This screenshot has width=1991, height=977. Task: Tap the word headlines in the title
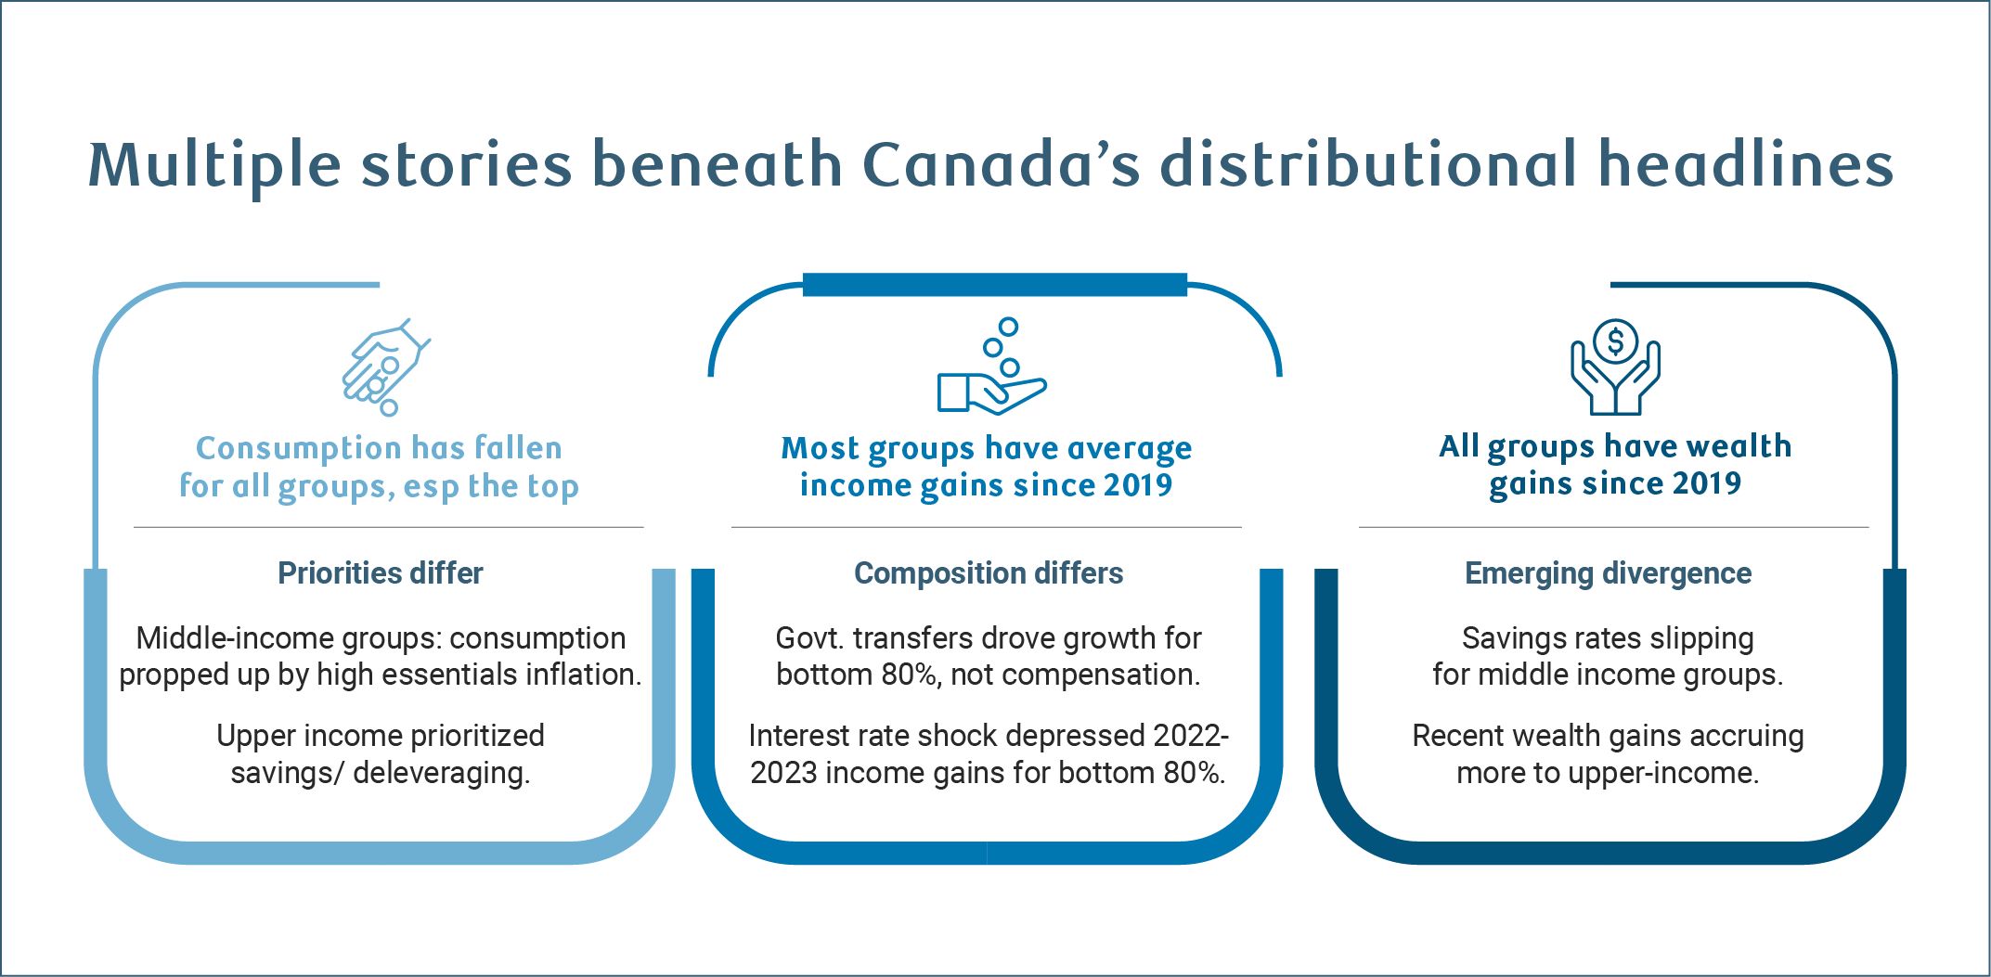point(1745,165)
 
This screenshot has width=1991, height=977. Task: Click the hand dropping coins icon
point(384,367)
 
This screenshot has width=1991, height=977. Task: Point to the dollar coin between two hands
point(1615,341)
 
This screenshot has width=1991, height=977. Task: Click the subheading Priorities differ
point(381,573)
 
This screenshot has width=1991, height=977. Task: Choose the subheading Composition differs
point(989,573)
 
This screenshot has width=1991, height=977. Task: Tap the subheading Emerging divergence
point(1608,573)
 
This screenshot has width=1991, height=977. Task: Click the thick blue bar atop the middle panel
point(994,285)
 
